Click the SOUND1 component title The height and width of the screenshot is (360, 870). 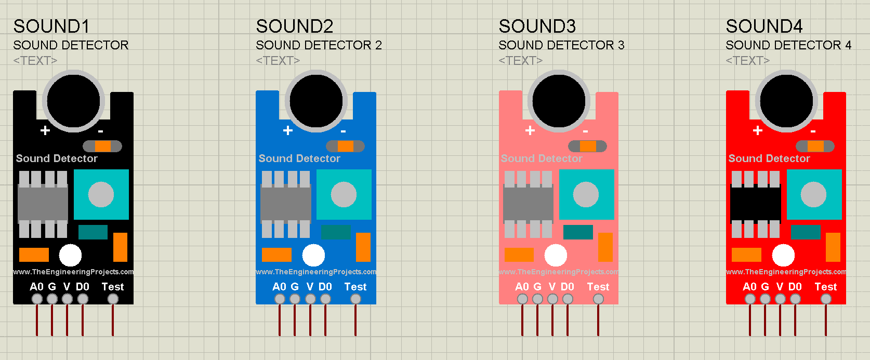(x=51, y=26)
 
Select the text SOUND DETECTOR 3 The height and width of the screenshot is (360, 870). (x=561, y=45)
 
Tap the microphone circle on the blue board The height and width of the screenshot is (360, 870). (x=316, y=101)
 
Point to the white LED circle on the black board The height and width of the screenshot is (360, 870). (x=70, y=255)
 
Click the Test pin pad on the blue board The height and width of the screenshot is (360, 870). (x=355, y=299)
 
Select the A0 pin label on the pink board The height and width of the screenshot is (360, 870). (x=522, y=287)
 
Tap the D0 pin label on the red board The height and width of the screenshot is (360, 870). (x=795, y=287)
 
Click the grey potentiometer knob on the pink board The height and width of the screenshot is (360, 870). (x=586, y=194)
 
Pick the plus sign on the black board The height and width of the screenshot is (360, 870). (x=45, y=130)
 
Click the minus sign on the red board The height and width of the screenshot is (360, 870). (x=813, y=131)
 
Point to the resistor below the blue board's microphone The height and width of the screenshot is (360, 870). (x=345, y=146)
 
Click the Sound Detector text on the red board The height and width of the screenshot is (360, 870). (x=769, y=158)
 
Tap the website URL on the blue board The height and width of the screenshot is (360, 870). (x=316, y=272)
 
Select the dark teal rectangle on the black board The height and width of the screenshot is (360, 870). (x=93, y=232)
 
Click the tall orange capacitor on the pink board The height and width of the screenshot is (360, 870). (x=605, y=247)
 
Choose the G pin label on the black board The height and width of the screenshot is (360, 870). (x=52, y=287)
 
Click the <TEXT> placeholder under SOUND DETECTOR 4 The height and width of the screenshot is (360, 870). (x=747, y=61)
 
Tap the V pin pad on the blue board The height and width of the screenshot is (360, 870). (x=310, y=299)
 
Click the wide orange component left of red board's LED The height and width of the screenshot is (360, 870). (x=746, y=255)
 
